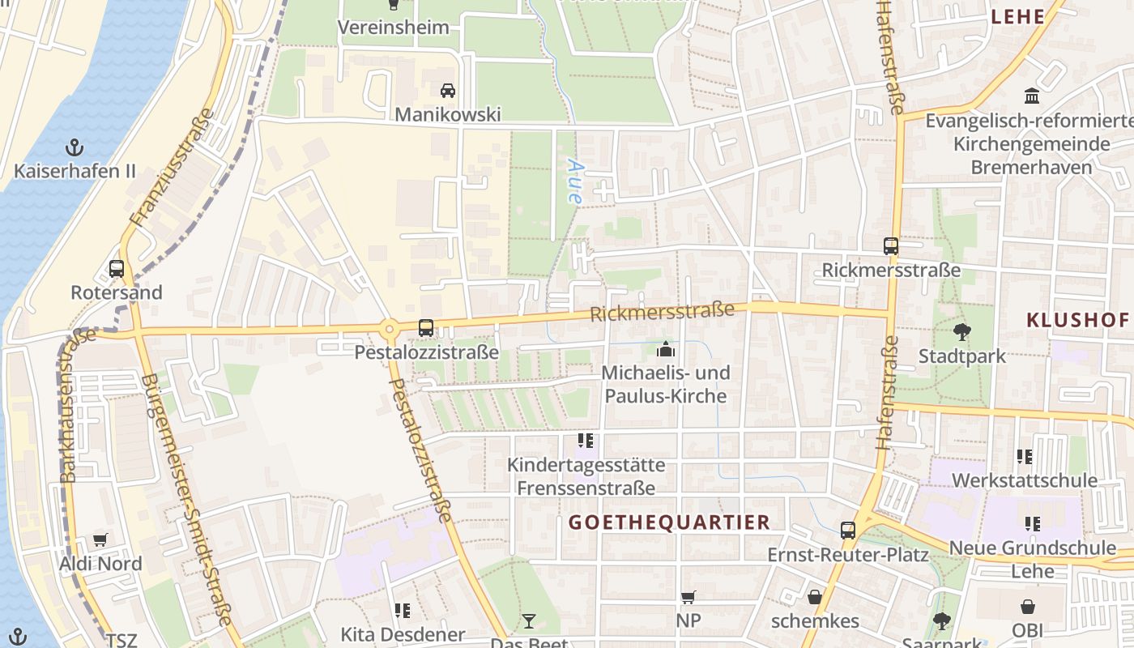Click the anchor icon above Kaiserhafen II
tap(74, 147)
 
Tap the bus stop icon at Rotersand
tap(117, 268)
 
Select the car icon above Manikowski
tap(448, 90)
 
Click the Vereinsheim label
tap(393, 27)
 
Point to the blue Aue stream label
tap(575, 180)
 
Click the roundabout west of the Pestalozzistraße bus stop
tap(390, 329)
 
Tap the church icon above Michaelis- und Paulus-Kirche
tap(666, 349)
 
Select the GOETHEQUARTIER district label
tap(669, 522)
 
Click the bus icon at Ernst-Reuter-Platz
tap(848, 531)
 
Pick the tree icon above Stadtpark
tap(962, 331)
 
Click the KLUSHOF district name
tap(1077, 320)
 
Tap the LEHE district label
tap(1017, 16)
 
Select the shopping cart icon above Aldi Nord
tap(100, 539)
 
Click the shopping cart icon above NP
tap(688, 597)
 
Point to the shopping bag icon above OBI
tap(1027, 607)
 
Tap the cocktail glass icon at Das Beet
tap(529, 621)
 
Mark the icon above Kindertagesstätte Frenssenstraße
tap(586, 441)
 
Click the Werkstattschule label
tap(1024, 480)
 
